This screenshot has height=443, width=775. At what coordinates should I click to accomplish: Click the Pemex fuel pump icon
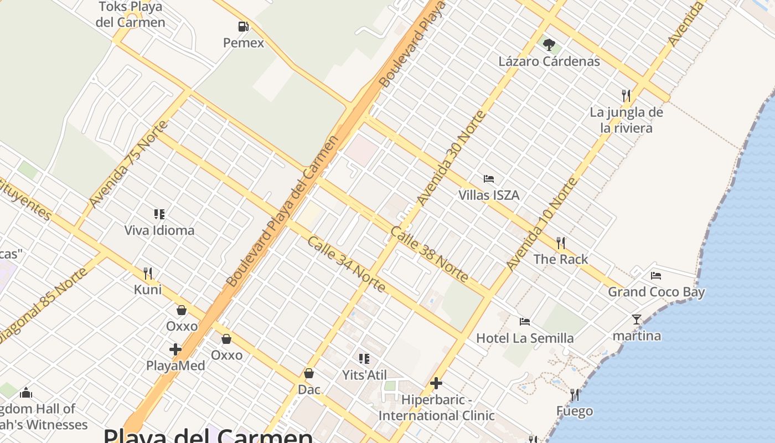pos(243,27)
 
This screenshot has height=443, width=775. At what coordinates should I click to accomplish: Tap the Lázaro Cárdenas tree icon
pos(549,45)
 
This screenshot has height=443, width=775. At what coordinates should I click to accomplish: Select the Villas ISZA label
pos(489,195)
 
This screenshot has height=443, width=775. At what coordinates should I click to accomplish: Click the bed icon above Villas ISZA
pos(488,179)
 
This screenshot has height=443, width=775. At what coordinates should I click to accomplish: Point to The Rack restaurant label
pos(561,259)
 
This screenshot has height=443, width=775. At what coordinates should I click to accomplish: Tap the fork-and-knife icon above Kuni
pos(148,274)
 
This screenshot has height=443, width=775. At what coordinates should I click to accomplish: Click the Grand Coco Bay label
pos(656,292)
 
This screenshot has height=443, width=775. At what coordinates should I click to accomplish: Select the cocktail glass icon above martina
pos(637,320)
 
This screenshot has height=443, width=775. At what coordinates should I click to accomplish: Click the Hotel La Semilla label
pos(525,338)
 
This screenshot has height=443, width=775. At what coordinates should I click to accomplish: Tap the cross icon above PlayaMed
pos(175,349)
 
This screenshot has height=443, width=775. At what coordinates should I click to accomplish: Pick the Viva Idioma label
pos(159,230)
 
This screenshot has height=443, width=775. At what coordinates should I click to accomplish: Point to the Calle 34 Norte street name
pos(346,264)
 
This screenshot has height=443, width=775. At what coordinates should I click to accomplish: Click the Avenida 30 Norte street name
pos(451,158)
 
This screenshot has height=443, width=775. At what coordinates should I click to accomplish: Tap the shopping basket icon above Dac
pos(309,374)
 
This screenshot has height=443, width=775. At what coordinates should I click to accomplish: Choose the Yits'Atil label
pos(364,375)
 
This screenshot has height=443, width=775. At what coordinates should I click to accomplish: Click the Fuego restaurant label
pos(575,411)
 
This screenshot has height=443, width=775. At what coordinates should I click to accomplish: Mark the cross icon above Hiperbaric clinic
pos(436,383)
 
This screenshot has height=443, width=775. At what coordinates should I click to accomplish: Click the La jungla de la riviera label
pos(626,120)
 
